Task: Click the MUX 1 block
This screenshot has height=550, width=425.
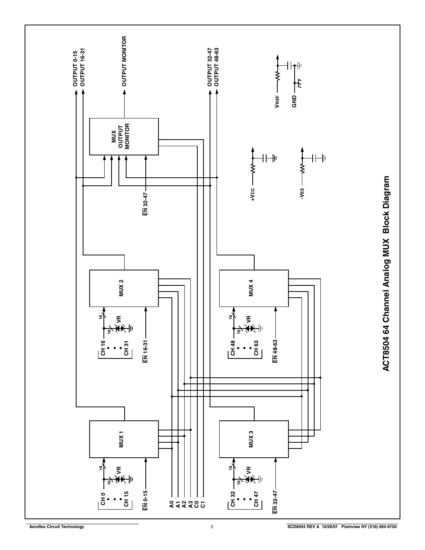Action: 124,439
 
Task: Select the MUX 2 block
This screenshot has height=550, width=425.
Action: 124,288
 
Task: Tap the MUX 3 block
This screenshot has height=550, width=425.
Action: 253,439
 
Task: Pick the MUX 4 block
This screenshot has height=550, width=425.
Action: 253,288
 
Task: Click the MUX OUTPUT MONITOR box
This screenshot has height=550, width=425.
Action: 124,137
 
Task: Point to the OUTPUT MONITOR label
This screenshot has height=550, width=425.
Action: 124,62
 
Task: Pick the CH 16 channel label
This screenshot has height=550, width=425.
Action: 103,348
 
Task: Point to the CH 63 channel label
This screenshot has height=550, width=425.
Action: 256,348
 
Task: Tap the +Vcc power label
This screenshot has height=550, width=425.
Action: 252,195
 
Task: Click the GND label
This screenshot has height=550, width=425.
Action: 294,101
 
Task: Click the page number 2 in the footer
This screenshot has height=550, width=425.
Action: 212,527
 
